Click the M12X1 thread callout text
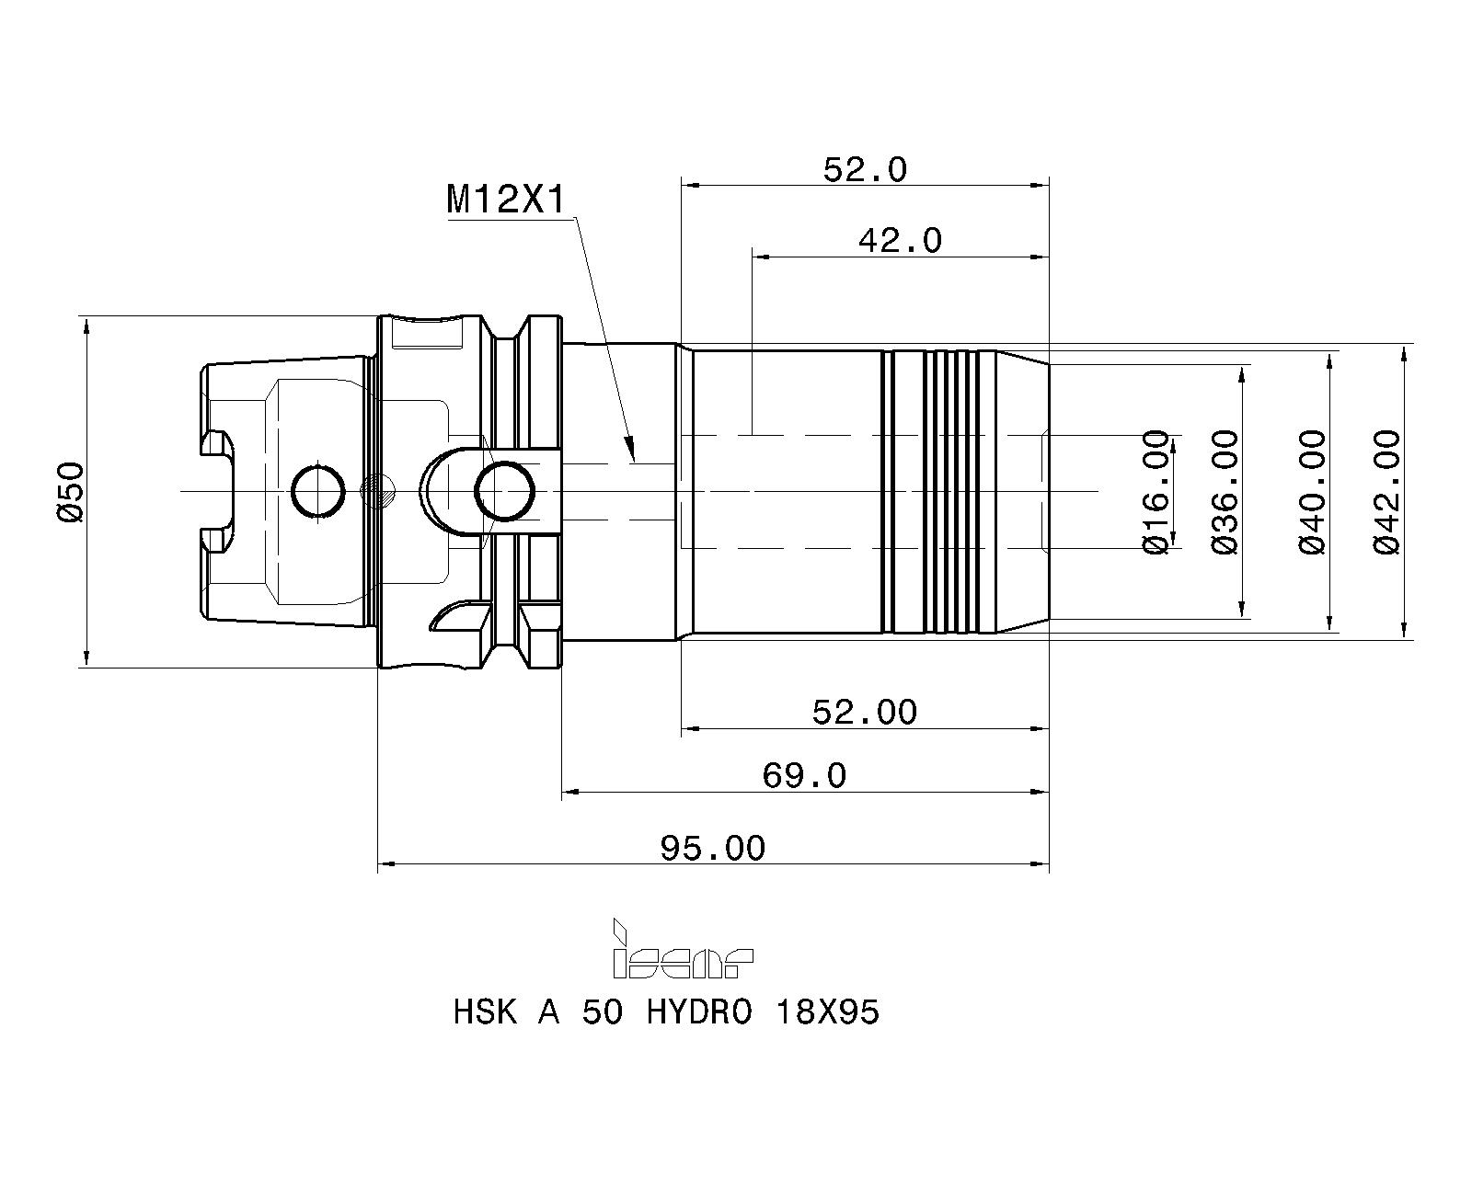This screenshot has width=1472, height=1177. point(506,200)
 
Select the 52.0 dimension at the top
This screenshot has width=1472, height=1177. point(865,169)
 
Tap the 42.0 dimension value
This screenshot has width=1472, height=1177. point(900,240)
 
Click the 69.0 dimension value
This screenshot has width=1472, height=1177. point(804,775)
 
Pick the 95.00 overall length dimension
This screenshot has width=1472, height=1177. point(712,848)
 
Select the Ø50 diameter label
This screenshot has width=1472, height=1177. point(71,492)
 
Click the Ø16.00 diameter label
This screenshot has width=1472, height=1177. point(1156,492)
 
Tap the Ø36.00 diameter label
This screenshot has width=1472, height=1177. point(1225,492)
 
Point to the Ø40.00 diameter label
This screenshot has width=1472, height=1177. point(1311,492)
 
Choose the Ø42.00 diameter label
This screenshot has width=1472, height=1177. point(1386,492)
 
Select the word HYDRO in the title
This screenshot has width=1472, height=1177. point(699,1032)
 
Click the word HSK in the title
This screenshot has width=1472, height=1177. point(485,1032)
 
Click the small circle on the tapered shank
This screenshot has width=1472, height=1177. point(317,492)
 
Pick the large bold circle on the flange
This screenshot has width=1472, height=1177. point(505,491)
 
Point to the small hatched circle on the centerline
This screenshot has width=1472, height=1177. point(378,492)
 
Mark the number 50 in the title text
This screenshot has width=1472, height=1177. point(603,1032)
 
